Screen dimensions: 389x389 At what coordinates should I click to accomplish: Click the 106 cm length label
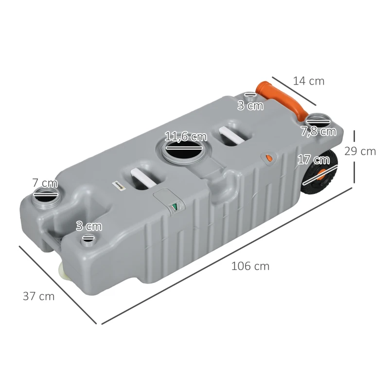250,266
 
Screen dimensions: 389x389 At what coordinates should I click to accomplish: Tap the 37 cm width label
38,296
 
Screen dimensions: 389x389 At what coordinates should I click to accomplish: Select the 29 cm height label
360,151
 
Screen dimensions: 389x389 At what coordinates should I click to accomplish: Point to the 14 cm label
308,81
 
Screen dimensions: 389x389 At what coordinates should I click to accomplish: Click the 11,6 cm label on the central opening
185,137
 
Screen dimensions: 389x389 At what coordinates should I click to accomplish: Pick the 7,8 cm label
318,131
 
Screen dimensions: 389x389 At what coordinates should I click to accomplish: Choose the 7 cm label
45,183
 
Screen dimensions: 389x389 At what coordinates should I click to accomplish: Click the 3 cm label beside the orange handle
250,106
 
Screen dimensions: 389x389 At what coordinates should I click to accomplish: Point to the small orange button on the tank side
268,159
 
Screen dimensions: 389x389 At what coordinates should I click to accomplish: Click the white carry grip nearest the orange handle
232,136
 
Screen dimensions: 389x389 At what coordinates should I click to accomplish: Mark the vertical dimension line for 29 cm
354,155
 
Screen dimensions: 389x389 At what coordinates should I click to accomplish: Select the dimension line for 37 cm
58,284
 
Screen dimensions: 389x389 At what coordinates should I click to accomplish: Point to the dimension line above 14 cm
294,90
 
